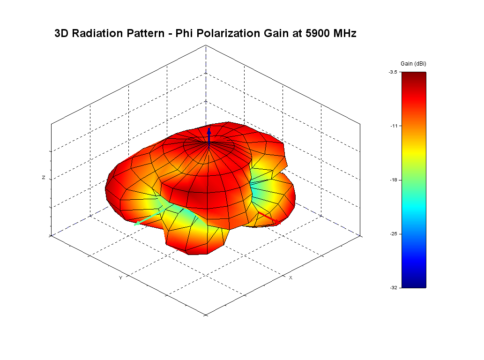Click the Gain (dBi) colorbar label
point(413,63)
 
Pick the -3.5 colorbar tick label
point(393,72)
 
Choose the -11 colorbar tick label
point(394,126)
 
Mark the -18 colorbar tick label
point(394,180)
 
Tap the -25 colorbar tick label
point(394,233)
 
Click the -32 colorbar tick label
point(394,287)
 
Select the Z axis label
point(44,178)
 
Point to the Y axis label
point(120,278)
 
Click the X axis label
point(290,278)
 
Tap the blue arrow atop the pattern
point(209,134)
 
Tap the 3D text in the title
point(62,33)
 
